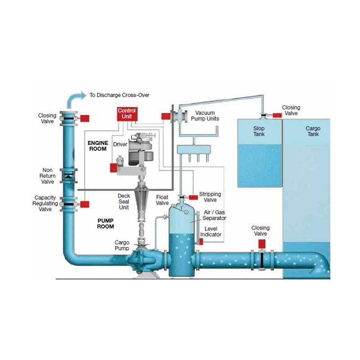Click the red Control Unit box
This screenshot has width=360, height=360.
pyautogui.click(x=126, y=113)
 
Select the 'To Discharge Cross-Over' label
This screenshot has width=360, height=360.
pyautogui.click(x=119, y=95)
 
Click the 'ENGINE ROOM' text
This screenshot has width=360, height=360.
pyautogui.click(x=98, y=146)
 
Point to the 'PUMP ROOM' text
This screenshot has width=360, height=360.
pyautogui.click(x=105, y=223)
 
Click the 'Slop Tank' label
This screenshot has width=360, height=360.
pyautogui.click(x=259, y=131)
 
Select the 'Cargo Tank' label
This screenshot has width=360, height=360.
pyautogui.click(x=313, y=131)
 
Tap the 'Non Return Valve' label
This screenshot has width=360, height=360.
pyautogui.click(x=47, y=176)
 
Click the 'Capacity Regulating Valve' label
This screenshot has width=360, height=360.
pyautogui.click(x=46, y=203)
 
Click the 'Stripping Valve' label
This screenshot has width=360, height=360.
pyautogui.click(x=210, y=197)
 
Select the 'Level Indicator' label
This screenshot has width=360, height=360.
pyautogui.click(x=211, y=231)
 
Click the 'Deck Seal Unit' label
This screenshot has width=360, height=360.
pyautogui.click(x=124, y=202)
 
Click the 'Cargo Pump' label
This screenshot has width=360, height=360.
pyautogui.click(x=122, y=245)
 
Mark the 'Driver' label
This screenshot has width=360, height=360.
pyautogui.click(x=120, y=144)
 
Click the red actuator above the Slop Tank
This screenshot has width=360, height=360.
pyautogui.click(x=277, y=115)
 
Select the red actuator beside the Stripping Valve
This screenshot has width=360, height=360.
pyautogui.click(x=193, y=197)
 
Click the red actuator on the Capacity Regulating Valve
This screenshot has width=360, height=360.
pyautogui.click(x=85, y=204)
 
